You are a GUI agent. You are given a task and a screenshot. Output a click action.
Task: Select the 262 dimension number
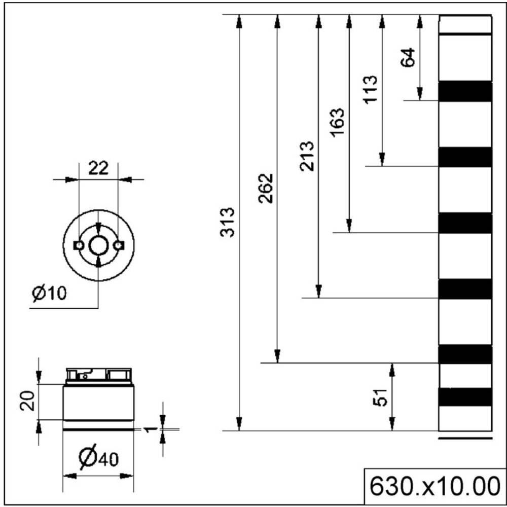pyautogui.click(x=266, y=188)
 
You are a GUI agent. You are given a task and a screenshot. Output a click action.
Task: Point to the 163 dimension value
pyautogui.click(x=337, y=123)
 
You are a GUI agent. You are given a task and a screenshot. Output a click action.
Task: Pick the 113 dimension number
pyautogui.click(x=371, y=90)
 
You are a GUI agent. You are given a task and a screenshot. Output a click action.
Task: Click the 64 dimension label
pyautogui.click(x=408, y=57)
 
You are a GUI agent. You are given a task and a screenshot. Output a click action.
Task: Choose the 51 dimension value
pyautogui.click(x=381, y=397)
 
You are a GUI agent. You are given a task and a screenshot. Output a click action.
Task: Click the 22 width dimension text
pyautogui.click(x=98, y=168)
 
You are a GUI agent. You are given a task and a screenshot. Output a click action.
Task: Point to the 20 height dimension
pyautogui.click(x=30, y=401)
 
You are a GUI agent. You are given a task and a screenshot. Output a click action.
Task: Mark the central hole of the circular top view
pyautogui.click(x=98, y=246)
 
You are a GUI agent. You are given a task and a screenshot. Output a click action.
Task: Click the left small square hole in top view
pyautogui.click(x=78, y=246)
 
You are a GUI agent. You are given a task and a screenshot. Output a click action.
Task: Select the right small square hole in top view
pyautogui.click(x=119, y=246)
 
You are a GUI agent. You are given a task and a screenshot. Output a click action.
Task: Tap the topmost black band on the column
pyautogui.click(x=465, y=91)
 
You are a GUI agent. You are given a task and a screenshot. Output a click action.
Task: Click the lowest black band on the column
pyautogui.click(x=465, y=396)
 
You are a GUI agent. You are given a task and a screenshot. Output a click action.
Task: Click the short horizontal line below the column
pyautogui.click(x=465, y=438)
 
